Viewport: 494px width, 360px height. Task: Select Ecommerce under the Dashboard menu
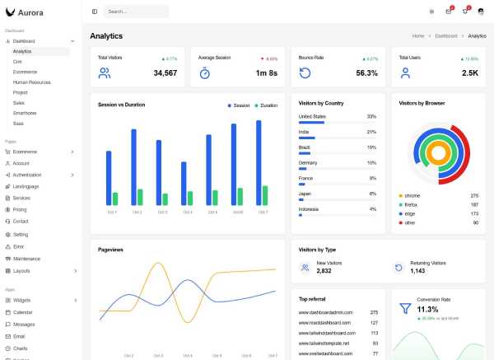[25, 72]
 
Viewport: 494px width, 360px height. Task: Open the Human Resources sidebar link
[31, 82]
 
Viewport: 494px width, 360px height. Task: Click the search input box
[136, 12]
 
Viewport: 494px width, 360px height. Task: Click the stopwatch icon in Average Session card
[205, 73]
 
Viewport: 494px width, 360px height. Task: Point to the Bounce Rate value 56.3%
[366, 73]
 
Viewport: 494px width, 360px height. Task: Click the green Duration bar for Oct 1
[115, 199]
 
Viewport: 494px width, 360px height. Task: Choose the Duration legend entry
[267, 105]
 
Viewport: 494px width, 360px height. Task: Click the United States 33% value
[371, 116]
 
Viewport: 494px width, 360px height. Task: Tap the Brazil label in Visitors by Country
[304, 147]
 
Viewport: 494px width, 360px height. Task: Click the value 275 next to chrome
[474, 195]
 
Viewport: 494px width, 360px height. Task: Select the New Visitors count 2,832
[324, 270]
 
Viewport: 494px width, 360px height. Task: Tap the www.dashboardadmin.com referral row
[325, 312]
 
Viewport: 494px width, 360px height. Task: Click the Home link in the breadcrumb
[418, 36]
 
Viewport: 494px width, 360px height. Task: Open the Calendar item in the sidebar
[22, 312]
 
